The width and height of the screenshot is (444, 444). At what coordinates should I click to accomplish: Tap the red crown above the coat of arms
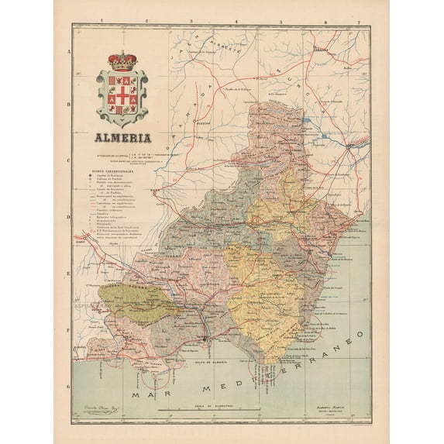click(121, 60)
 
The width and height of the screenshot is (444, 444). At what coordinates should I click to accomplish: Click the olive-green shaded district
click(147, 303)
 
